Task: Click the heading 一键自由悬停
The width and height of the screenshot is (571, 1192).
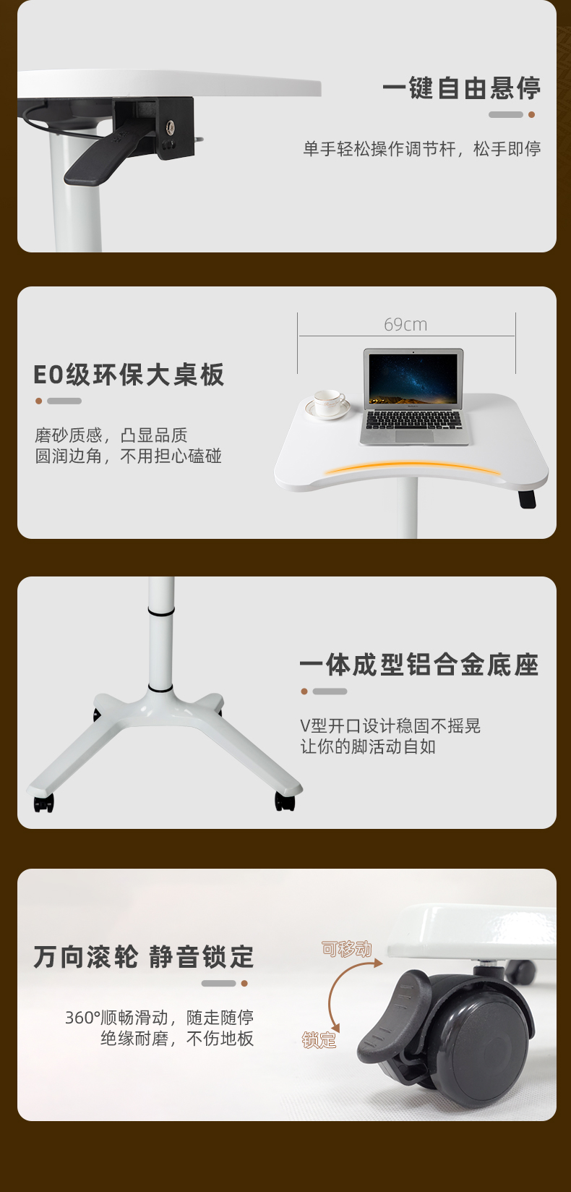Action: click(461, 88)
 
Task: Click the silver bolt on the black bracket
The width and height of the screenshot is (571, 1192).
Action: click(170, 127)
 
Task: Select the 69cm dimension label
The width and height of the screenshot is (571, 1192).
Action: click(405, 325)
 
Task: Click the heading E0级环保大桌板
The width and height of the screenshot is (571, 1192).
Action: click(129, 375)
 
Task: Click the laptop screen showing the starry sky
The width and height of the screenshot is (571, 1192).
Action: click(413, 379)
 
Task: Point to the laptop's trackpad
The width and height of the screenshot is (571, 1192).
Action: click(415, 436)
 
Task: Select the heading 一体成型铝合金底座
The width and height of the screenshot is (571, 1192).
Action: click(419, 665)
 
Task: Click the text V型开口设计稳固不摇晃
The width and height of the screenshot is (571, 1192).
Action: click(390, 726)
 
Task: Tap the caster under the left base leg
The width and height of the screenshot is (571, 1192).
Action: click(43, 802)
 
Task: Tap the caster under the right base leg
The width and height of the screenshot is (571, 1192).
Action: click(285, 801)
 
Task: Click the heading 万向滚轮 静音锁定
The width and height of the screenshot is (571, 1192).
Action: click(144, 957)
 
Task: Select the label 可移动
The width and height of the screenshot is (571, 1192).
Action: click(347, 948)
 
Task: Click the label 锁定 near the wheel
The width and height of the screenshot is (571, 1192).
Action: click(319, 1040)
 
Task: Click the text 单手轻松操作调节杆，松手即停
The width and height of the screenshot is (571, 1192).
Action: click(422, 149)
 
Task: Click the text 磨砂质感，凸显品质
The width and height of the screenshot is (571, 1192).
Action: click(111, 435)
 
